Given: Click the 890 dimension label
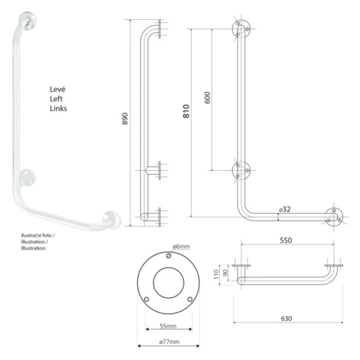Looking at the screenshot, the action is [x=125, y=119].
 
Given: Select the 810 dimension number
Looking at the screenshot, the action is [x=186, y=111].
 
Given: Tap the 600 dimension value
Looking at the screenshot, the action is [x=208, y=97].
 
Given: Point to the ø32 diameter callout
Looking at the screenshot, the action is [x=285, y=209].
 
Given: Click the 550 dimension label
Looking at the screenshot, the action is [x=286, y=241].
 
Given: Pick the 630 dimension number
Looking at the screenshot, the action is [x=286, y=319].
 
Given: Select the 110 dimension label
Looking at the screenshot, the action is [x=217, y=274].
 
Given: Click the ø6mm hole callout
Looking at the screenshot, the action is [x=182, y=247].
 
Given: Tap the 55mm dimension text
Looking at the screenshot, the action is [x=168, y=326].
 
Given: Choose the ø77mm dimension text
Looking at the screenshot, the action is [x=169, y=342].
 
